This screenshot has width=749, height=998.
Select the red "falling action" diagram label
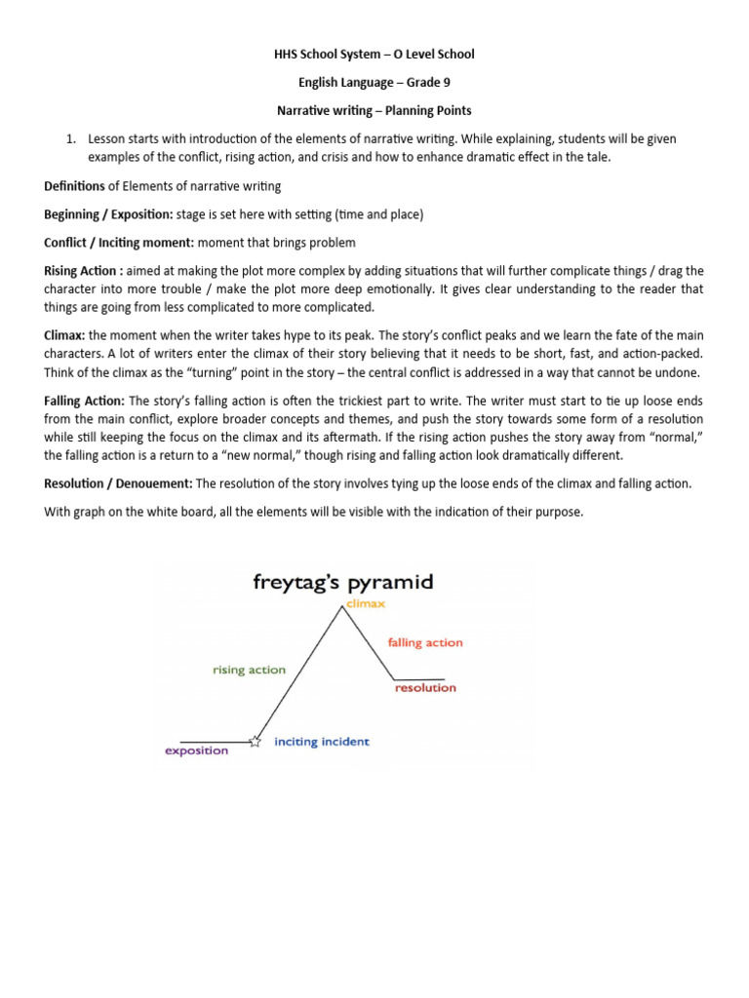click(425, 642)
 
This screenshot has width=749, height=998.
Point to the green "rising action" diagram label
click(249, 670)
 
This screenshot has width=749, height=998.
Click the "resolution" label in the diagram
click(425, 688)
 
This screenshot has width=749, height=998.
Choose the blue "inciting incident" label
click(322, 742)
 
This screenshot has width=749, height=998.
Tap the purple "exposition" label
click(196, 750)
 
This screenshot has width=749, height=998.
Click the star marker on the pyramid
click(256, 742)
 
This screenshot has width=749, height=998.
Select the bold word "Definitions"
click(74, 185)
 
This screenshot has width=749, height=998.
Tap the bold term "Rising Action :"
click(84, 271)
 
